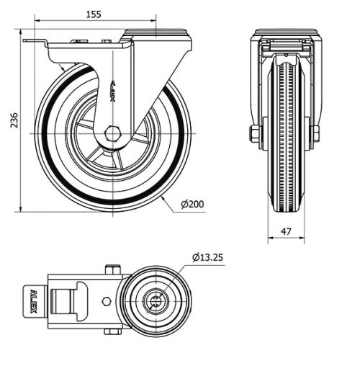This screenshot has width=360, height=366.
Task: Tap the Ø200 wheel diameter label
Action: pos(192,205)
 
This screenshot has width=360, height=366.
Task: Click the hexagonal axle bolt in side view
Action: pos(112,134)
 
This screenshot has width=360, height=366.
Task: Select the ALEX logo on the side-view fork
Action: pos(112,91)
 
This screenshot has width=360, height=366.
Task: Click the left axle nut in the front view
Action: pos(254,134)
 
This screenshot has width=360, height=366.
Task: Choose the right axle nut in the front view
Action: pos(315,134)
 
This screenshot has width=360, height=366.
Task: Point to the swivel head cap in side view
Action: pos(156,33)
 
